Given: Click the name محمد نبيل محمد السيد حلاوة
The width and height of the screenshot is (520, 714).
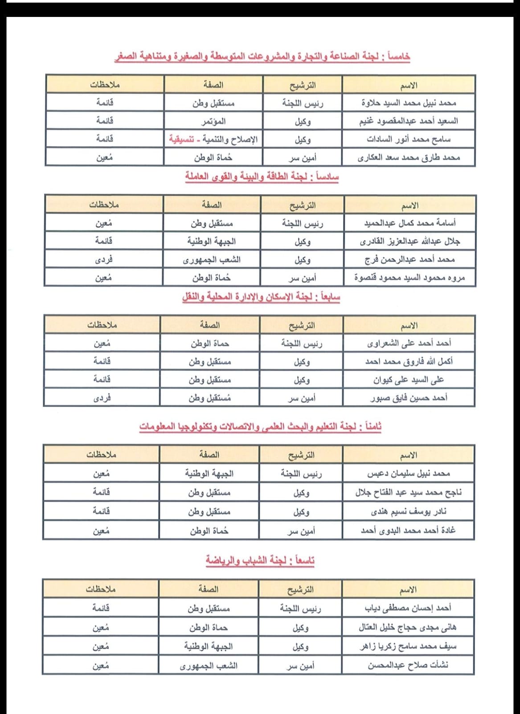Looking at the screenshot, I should pyautogui.click(x=409, y=103).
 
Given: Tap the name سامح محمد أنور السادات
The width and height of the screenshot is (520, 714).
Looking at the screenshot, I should pyautogui.click(x=409, y=139).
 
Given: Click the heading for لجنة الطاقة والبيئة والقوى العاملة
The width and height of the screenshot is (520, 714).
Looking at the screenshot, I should pyautogui.click(x=262, y=177).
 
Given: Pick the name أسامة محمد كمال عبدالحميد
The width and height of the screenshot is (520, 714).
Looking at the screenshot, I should pyautogui.click(x=410, y=223).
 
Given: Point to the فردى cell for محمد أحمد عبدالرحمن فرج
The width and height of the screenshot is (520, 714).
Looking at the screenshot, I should pyautogui.click(x=104, y=259).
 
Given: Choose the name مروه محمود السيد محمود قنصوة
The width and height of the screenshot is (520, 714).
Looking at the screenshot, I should pyautogui.click(x=409, y=278).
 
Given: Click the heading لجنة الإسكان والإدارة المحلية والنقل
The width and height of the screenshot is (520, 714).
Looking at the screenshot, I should pyautogui.click(x=261, y=297).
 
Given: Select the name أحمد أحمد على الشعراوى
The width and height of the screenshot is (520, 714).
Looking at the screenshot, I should pyautogui.click(x=409, y=343).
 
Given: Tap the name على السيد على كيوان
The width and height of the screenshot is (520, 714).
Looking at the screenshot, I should pyautogui.click(x=409, y=380).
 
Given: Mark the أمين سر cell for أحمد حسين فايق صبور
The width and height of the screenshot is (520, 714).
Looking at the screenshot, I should pyautogui.click(x=302, y=398).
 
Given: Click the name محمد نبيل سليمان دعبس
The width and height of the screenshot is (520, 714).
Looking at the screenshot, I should pyautogui.click(x=408, y=473).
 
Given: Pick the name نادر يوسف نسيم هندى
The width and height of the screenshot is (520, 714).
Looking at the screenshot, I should pyautogui.click(x=408, y=511).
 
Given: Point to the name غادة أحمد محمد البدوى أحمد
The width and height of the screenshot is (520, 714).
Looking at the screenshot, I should pyautogui.click(x=408, y=530).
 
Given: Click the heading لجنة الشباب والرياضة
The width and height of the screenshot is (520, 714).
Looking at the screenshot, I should pyautogui.click(x=260, y=560).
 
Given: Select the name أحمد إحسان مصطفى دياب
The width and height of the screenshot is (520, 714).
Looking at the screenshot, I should pyautogui.click(x=408, y=608).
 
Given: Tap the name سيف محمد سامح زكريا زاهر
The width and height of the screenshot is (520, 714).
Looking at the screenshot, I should pyautogui.click(x=408, y=646).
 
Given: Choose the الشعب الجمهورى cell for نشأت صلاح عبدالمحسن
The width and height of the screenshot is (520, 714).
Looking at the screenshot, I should pyautogui.click(x=209, y=666).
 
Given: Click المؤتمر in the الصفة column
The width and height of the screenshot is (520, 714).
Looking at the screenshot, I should pyautogui.click(x=213, y=121).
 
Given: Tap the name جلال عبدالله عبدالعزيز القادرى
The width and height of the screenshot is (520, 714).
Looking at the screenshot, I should pyautogui.click(x=410, y=241).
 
